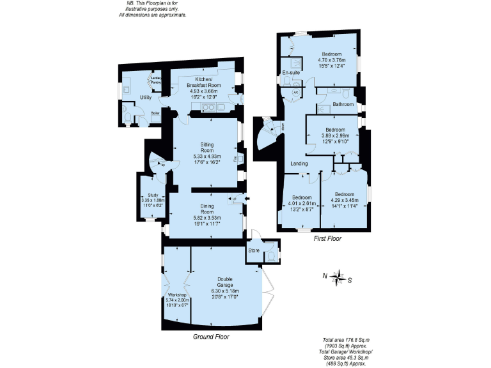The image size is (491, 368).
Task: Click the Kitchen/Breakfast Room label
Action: coord(203,82)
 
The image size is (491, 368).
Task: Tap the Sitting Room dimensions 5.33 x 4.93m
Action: coord(207,156)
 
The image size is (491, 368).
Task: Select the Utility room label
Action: coord(145,97)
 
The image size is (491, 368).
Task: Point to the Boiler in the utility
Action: coord(155,114)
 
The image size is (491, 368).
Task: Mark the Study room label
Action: coord(152,195)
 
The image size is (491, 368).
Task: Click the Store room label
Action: coord(254,251)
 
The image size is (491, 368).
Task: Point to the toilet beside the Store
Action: coord(273,254)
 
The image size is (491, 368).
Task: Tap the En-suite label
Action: coord(292,73)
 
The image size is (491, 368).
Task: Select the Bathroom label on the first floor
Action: coord(343,103)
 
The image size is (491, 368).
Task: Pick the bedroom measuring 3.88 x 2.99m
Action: coord(331,135)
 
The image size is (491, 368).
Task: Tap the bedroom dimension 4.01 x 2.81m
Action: coord(302,203)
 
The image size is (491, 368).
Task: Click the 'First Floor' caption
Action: coord(327,238)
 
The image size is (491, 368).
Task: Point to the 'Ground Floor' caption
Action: coord(211,336)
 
